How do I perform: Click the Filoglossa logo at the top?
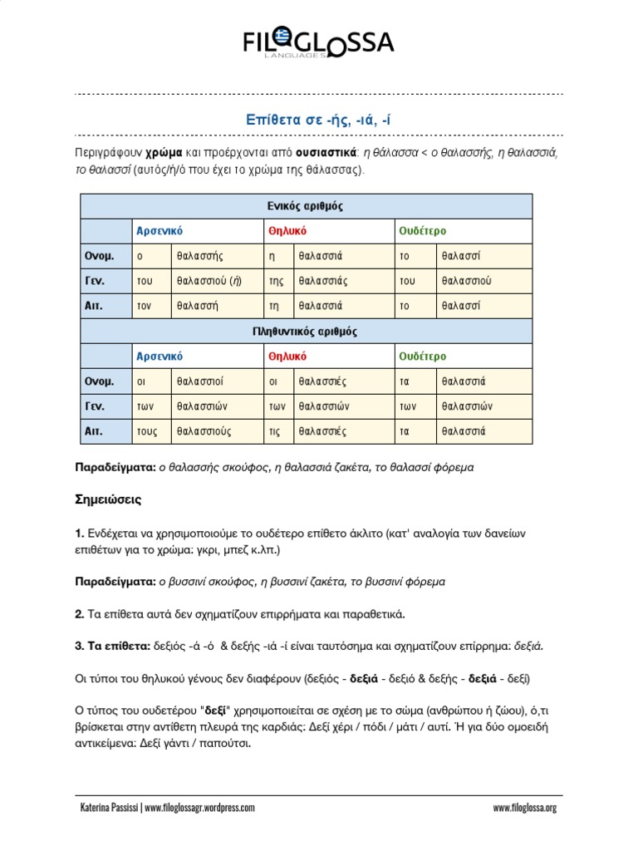[318, 43]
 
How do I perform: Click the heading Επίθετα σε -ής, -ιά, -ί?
[318, 121]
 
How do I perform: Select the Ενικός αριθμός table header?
[303, 205]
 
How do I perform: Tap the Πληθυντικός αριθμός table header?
[303, 331]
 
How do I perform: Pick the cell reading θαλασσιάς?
[322, 281]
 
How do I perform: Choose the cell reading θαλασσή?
[197, 306]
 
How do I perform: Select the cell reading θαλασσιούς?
[204, 431]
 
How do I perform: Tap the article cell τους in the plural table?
[147, 431]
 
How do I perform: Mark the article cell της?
[276, 281]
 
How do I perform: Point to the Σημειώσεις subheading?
[109, 500]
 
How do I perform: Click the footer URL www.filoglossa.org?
[524, 807]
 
